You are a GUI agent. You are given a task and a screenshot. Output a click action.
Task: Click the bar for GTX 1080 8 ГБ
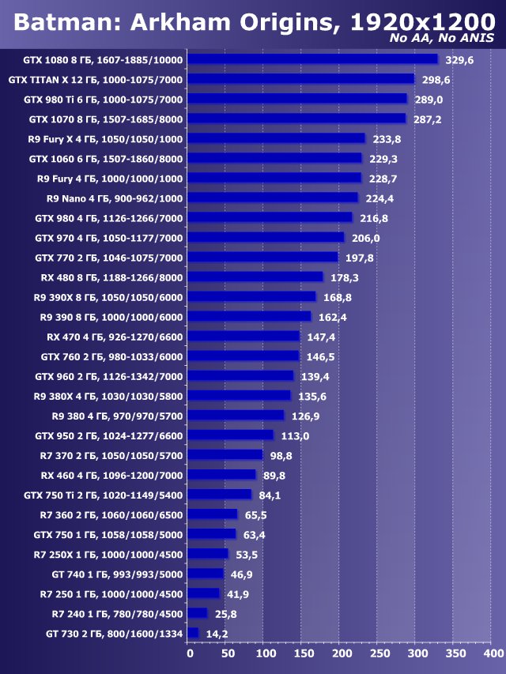click(313, 59)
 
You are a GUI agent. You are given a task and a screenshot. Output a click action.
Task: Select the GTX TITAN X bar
click(301, 79)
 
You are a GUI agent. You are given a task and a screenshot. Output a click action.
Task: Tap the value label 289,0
click(430, 100)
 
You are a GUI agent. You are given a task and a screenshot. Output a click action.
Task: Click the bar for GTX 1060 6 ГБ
click(275, 158)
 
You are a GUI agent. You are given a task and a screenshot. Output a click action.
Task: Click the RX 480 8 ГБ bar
click(256, 277)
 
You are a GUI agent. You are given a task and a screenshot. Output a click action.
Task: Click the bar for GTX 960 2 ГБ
click(241, 375)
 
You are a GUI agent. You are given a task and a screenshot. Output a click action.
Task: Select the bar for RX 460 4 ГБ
click(222, 475)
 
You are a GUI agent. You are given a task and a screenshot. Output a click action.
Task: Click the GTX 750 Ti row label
click(104, 495)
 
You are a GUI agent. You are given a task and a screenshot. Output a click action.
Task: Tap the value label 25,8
click(223, 613)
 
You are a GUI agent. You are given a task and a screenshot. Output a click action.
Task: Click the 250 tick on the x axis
click(379, 654)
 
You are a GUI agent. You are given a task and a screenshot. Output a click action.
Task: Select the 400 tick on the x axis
click(492, 654)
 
